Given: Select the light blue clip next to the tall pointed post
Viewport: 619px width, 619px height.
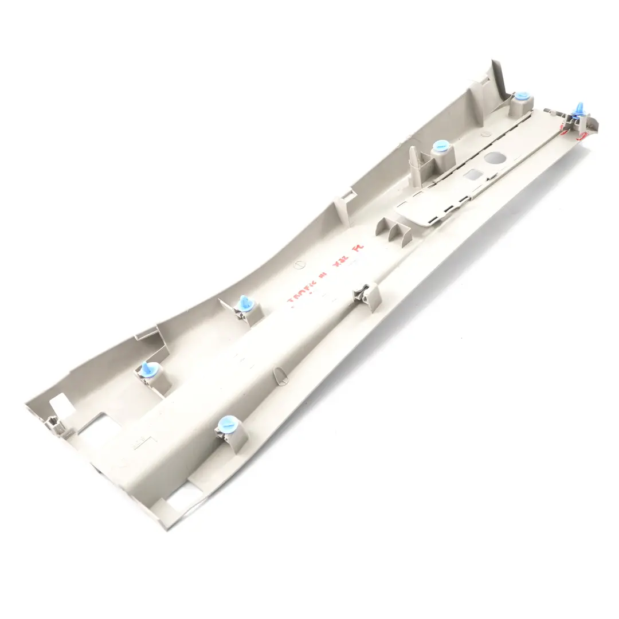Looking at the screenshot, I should (441, 146).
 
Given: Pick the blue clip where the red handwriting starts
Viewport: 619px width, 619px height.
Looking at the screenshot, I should (245, 303).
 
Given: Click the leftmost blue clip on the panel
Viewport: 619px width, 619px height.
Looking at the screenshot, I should (149, 370).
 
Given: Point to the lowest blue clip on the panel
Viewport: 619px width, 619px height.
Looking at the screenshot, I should (229, 425).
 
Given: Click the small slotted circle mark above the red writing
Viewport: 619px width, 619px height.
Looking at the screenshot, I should (297, 265).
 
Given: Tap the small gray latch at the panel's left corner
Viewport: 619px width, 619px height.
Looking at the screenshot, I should (53, 424).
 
